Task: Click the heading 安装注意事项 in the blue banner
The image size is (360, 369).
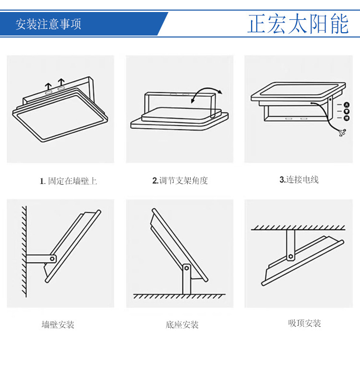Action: coord(48,25)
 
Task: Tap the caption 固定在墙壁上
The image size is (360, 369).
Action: coord(72,181)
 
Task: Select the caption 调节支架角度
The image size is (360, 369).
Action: coord(184,181)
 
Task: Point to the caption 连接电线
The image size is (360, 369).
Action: coord(302,180)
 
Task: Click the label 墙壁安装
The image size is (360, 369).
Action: coord(58,325)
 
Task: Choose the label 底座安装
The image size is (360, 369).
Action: coord(182,325)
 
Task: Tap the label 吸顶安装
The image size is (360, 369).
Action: coord(304,323)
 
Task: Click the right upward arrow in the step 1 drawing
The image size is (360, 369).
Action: coord(61,81)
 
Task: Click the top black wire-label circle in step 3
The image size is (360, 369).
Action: coord(346,105)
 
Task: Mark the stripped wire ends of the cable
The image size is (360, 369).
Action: coord(342,133)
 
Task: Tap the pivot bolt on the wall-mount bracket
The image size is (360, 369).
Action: coord(51,258)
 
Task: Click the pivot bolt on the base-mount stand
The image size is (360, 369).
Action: coord(186,268)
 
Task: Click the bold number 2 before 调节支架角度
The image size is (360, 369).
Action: coord(155,181)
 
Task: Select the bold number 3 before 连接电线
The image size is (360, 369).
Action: coord(282,180)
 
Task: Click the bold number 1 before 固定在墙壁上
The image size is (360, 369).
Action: coord(42,181)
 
